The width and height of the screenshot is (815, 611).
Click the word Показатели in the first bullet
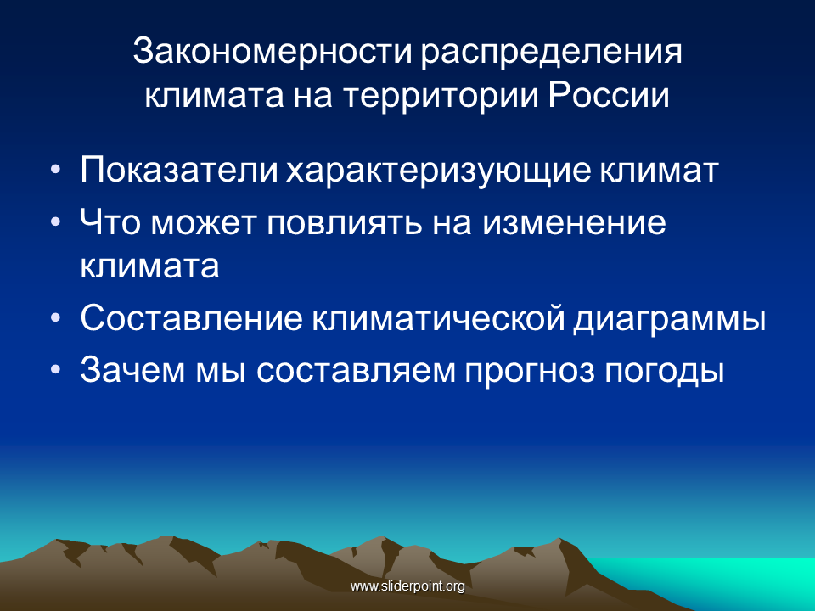pyautogui.click(x=179, y=170)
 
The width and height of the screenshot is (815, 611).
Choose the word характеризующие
pyautogui.click(x=439, y=171)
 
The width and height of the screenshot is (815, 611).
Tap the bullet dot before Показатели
pyautogui.click(x=56, y=170)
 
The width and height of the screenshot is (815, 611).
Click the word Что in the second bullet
pyautogui.click(x=110, y=221)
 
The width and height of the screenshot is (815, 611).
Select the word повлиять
pyautogui.click(x=344, y=223)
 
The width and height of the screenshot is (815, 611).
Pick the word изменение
pyautogui.click(x=573, y=223)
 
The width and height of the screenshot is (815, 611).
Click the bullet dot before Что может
pyautogui.click(x=56, y=221)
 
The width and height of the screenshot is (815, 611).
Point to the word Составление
pyautogui.click(x=191, y=317)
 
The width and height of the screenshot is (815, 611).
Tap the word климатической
pyautogui.click(x=438, y=317)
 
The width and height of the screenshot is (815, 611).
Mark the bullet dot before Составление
pyautogui.click(x=56, y=317)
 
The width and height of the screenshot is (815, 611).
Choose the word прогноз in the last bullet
pyautogui.click(x=529, y=372)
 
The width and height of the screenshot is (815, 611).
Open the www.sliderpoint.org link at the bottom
pyautogui.click(x=407, y=586)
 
